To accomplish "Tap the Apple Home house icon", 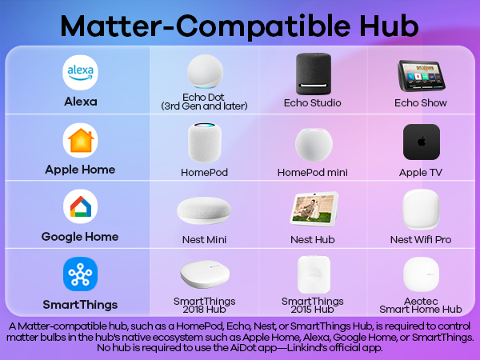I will (80, 141).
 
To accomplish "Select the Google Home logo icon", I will (80, 207).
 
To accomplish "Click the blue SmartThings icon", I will (80, 274).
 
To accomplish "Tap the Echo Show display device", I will (420, 75).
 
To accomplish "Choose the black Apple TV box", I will (421, 142).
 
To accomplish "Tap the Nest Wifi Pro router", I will (421, 210).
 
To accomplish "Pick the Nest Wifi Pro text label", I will (421, 239).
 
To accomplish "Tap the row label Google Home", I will (80, 237).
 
